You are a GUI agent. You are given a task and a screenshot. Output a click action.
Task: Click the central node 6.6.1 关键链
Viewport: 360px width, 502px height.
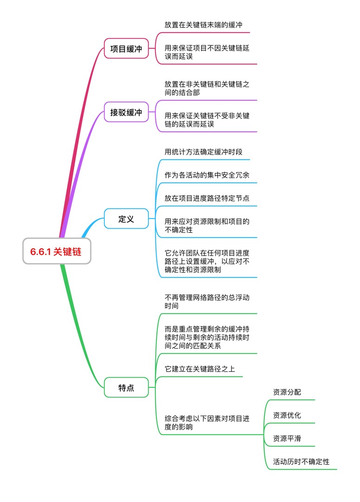click(56, 251)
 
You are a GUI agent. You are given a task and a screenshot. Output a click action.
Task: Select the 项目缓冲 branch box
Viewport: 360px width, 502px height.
click(126, 49)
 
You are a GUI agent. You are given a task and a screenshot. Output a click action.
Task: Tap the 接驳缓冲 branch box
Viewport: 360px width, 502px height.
click(126, 112)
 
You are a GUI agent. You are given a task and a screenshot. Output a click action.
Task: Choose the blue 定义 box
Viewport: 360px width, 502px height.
click(126, 219)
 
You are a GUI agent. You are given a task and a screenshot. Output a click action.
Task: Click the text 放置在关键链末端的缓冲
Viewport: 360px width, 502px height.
click(203, 25)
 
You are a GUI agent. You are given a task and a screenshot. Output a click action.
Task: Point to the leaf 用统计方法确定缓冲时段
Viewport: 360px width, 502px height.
click(203, 152)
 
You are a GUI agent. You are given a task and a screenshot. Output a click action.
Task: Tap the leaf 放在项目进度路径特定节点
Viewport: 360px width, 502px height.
click(207, 198)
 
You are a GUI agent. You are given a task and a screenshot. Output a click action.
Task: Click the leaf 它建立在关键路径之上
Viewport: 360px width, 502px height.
click(200, 369)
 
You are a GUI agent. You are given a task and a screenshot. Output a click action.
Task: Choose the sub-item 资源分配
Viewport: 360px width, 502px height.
click(287, 392)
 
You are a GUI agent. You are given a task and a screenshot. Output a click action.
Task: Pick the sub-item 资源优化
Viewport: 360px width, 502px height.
click(287, 415)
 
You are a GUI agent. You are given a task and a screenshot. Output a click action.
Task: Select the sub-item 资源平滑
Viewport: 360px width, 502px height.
click(287, 438)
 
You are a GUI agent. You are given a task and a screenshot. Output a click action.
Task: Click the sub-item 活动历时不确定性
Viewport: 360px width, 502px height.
click(301, 462)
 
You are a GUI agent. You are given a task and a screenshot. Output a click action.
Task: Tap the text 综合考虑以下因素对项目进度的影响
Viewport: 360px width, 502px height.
click(207, 423)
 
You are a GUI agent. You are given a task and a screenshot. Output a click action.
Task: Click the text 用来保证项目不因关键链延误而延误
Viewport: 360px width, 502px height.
click(207, 52)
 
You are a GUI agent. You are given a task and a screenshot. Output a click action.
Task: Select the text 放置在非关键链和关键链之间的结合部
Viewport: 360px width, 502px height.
click(207, 88)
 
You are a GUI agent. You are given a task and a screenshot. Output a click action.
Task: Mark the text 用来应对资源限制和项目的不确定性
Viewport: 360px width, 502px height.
click(207, 225)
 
